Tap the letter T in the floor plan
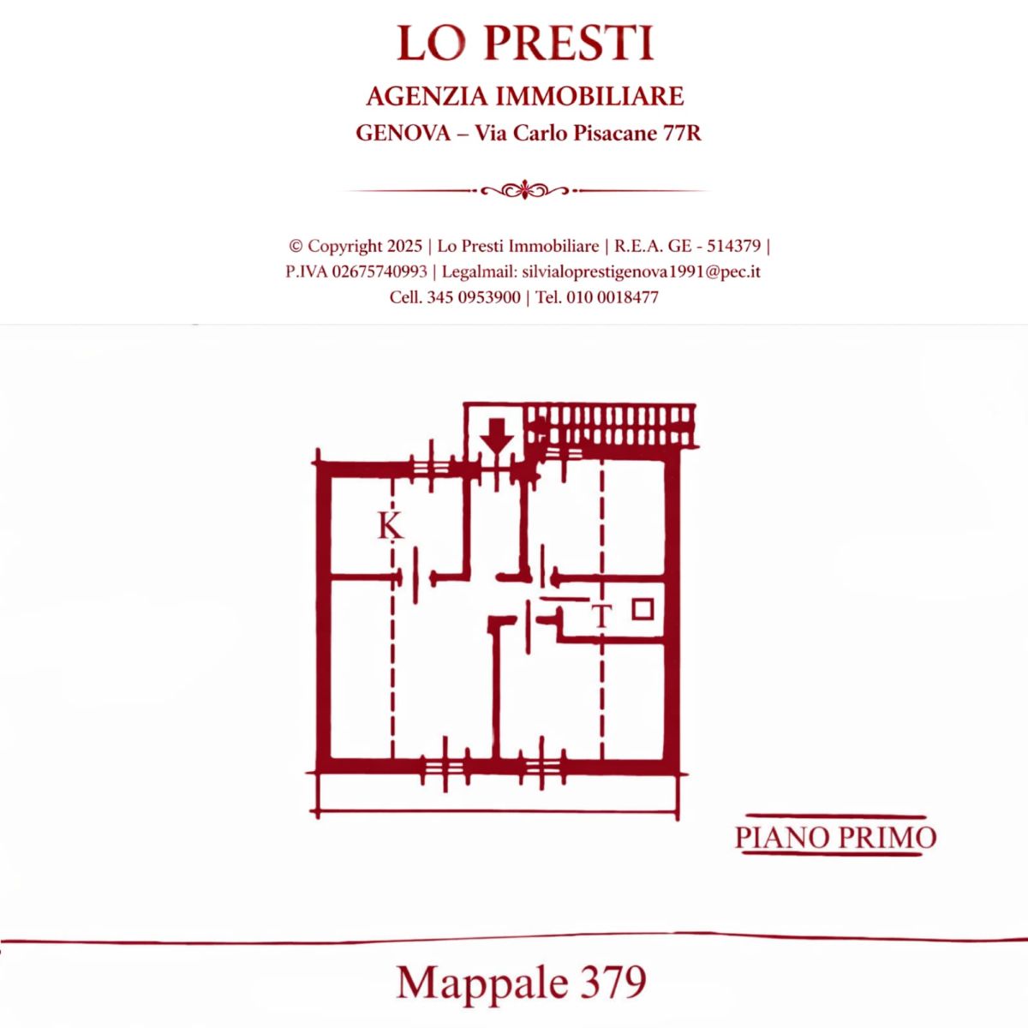click(x=601, y=617)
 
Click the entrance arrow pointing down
click(x=497, y=436)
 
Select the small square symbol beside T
click(x=642, y=609)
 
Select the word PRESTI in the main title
click(x=570, y=43)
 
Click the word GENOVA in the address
click(x=403, y=133)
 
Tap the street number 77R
click(x=681, y=133)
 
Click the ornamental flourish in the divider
click(x=525, y=189)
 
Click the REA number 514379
click(x=733, y=246)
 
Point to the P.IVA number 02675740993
click(x=380, y=272)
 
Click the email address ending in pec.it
click(x=642, y=272)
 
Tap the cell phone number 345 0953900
click(x=474, y=297)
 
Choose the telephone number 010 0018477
click(x=613, y=297)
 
